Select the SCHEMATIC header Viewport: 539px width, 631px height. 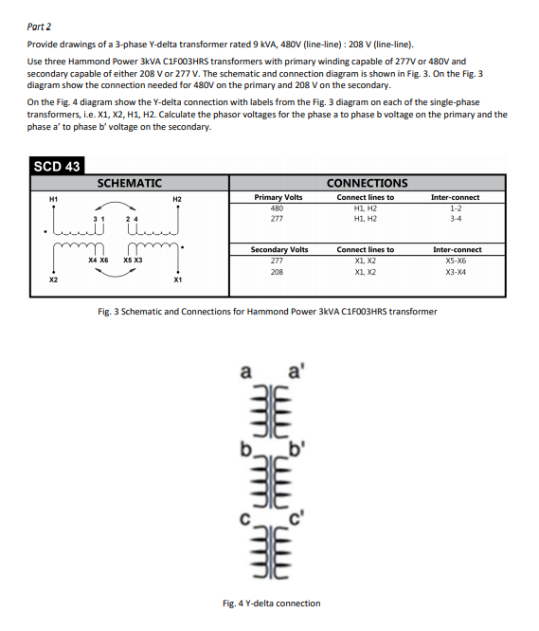tap(130, 183)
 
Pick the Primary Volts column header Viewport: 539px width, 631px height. tap(278, 197)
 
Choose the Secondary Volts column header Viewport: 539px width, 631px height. tap(278, 249)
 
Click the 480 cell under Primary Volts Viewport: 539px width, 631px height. tap(277, 207)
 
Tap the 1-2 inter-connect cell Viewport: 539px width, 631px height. tap(455, 207)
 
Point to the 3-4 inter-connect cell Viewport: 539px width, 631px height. tap(455, 218)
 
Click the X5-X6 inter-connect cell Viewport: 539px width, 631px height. tap(456, 260)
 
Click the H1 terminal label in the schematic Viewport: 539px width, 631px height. tap(53, 198)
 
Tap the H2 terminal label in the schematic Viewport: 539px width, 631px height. tap(177, 198)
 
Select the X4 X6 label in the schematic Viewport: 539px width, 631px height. tap(99, 259)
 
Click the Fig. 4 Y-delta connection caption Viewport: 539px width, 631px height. tap(271, 603)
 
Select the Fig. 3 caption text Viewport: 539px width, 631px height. tap(269, 311)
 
